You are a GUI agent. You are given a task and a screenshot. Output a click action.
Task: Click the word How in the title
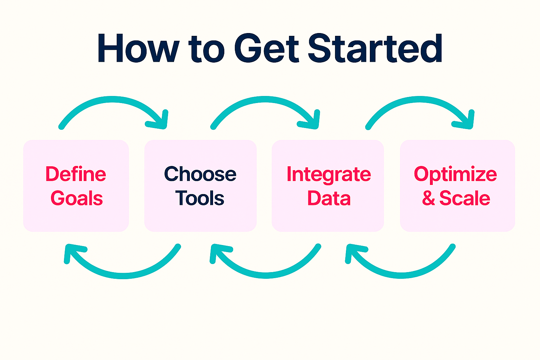(x=138, y=49)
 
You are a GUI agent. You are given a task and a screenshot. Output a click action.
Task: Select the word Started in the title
(x=375, y=49)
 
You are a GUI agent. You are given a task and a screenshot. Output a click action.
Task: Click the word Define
(x=76, y=174)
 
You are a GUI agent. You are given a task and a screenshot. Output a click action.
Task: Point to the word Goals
(x=77, y=199)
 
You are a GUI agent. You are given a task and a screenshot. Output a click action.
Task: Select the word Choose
(x=200, y=174)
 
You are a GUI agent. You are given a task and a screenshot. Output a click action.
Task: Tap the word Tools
(x=200, y=199)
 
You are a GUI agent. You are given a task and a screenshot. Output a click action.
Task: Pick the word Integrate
(x=329, y=175)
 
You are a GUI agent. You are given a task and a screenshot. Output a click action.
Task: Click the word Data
(x=329, y=199)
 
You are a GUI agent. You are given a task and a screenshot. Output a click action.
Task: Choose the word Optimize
(x=455, y=175)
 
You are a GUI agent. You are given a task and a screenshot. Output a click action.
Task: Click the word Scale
(x=464, y=199)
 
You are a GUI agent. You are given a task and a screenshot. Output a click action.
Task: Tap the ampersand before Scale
(x=428, y=199)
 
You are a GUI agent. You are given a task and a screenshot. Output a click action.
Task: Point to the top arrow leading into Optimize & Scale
(x=420, y=100)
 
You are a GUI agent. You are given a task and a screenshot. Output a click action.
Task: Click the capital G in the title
(x=248, y=49)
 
